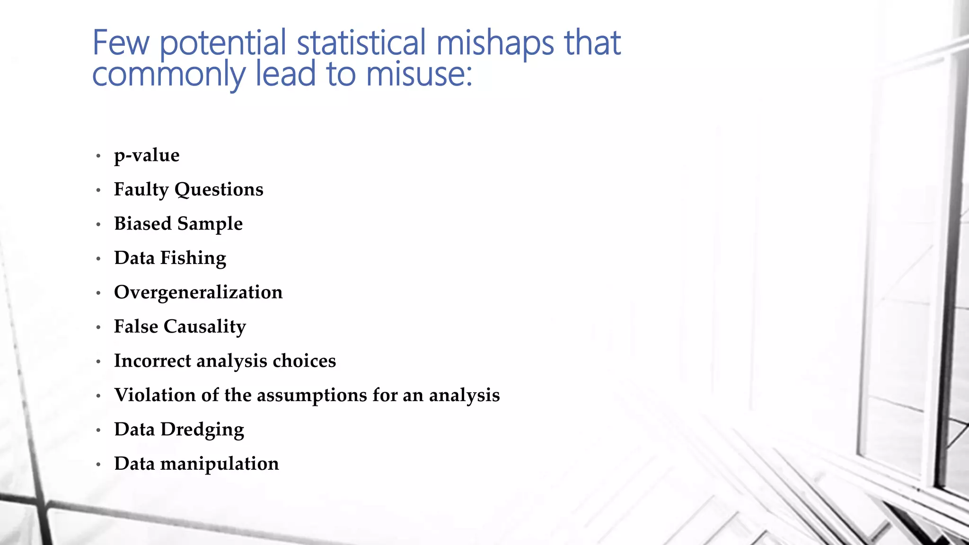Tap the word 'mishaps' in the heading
pyautogui.click(x=495, y=43)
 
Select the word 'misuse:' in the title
pyautogui.click(x=419, y=74)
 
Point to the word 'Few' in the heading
pyautogui.click(x=121, y=43)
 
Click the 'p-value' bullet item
pyautogui.click(x=147, y=156)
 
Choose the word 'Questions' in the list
pyautogui.click(x=219, y=190)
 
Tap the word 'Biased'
pyautogui.click(x=142, y=224)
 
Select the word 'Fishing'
pyautogui.click(x=193, y=258)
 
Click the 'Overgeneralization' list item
pyautogui.click(x=198, y=292)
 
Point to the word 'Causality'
pyautogui.click(x=204, y=327)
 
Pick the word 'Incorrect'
pyautogui.click(x=152, y=361)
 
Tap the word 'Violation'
pyautogui.click(x=155, y=395)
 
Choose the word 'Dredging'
pyautogui.click(x=202, y=430)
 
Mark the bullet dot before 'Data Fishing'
pyautogui.click(x=98, y=259)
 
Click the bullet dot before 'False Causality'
pyautogui.click(x=98, y=327)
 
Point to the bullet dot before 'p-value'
pyautogui.click(x=98, y=156)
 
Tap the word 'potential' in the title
pyautogui.click(x=223, y=43)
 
